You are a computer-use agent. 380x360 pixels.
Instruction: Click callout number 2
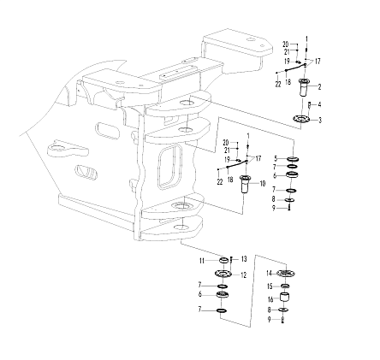pos(319,87)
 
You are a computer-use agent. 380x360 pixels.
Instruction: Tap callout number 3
pos(320,120)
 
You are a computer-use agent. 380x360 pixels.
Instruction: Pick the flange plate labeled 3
pos(301,119)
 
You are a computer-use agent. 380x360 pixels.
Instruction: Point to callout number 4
pos(319,105)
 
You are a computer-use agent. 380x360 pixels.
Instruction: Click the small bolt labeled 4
pos(309,105)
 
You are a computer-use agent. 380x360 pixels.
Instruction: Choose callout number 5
pos(276,158)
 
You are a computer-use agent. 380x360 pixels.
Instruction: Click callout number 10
pos(262,184)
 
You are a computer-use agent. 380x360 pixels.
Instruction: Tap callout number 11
pos(202,261)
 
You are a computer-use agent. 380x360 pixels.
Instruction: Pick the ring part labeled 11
pos(223,260)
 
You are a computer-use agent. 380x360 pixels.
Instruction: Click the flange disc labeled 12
pos(223,274)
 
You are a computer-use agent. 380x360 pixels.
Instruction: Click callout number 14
pos(270,274)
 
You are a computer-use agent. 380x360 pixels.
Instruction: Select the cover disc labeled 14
pos(286,274)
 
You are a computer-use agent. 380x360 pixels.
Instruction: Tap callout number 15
pos(270,286)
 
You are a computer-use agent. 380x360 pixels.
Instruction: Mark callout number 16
pos(270,299)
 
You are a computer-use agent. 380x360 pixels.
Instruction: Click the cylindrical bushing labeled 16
pos(285,297)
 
